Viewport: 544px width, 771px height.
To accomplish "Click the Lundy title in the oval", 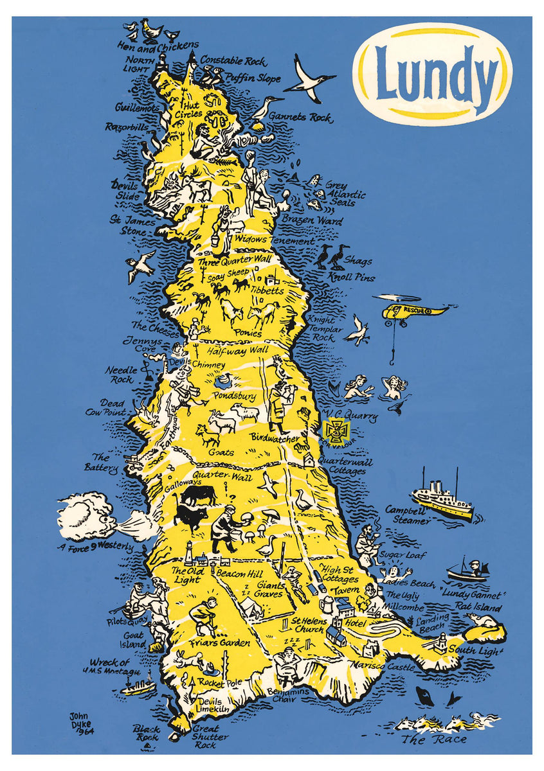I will (435, 73).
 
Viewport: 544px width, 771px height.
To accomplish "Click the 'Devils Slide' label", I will (125, 190).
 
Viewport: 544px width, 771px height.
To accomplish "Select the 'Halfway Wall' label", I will (237, 351).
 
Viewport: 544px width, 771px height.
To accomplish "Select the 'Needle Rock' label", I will (119, 375).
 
